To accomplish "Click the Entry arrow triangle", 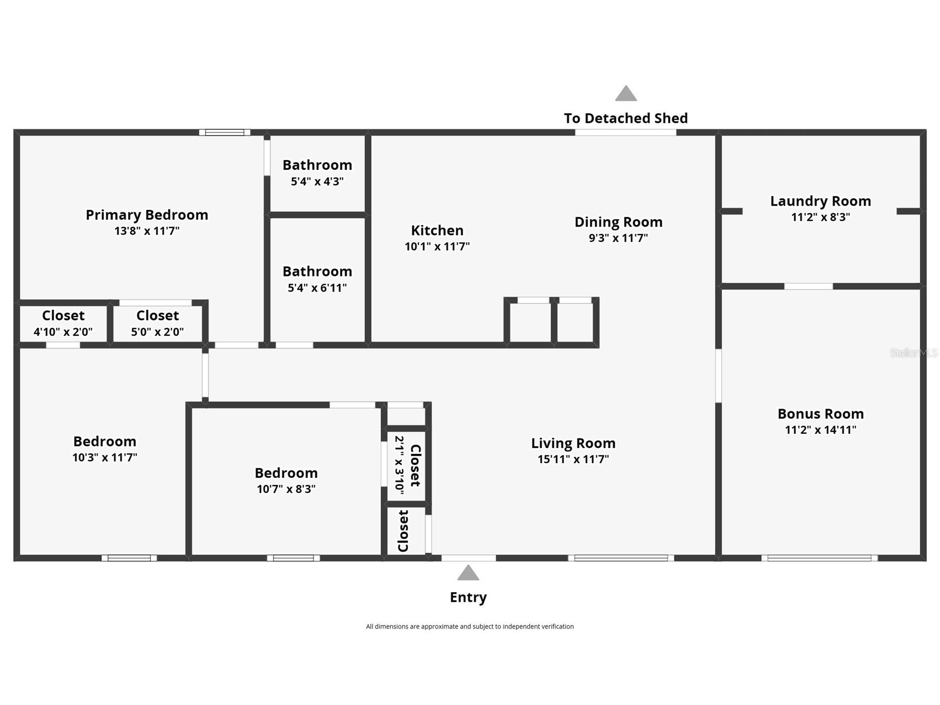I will click(468, 573).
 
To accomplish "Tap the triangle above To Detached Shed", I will click(626, 94).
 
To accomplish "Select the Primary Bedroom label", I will click(147, 215).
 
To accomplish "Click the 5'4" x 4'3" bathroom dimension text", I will click(317, 181).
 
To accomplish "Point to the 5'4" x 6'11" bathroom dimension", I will click(317, 288).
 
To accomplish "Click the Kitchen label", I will click(437, 231).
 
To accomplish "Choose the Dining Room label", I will click(618, 222).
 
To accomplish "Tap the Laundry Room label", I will click(820, 201).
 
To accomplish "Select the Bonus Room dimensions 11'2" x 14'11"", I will click(820, 430).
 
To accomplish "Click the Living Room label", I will click(573, 444).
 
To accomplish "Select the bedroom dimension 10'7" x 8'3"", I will click(286, 489).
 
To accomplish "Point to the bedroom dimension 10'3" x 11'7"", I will click(105, 457).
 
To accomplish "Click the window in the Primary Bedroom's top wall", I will click(225, 133).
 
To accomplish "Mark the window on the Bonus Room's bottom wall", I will click(819, 558).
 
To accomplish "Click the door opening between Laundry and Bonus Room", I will click(808, 286).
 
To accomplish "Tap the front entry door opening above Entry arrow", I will click(468, 558).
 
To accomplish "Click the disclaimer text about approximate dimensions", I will click(469, 626).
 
